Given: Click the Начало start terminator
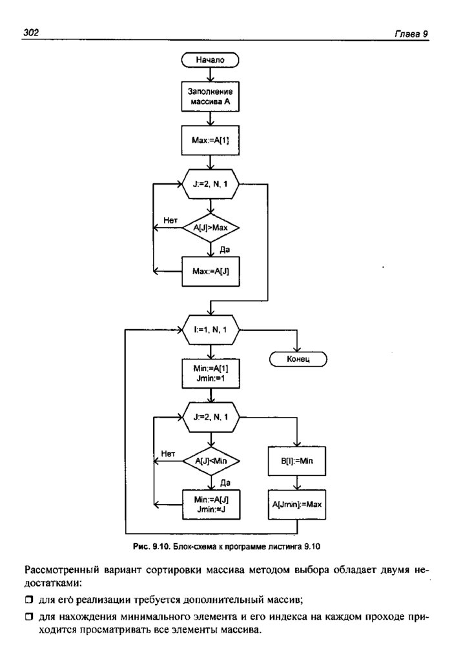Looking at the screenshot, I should point(210,59).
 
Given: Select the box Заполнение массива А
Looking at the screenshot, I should point(210,97).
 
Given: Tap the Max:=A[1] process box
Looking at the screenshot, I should point(210,139).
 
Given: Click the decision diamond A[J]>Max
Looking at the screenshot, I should point(210,227).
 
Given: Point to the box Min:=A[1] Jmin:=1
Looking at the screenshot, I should point(210,372).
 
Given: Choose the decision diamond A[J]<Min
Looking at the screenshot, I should point(210,460).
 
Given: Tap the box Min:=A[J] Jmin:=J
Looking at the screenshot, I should point(210,503).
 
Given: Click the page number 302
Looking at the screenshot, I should point(32,33).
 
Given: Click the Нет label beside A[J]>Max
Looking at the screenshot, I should point(170,220).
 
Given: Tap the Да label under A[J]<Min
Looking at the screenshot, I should point(225,482).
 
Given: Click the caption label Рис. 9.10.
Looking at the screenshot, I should point(150,546).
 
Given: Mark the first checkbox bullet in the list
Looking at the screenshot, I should point(28,600).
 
